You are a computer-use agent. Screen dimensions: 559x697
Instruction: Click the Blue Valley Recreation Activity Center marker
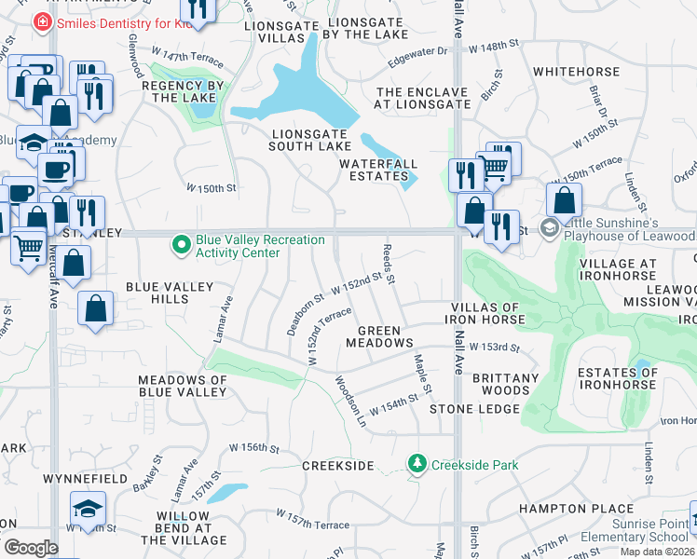pyautogui.click(x=182, y=245)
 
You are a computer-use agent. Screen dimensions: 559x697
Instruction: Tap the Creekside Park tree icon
pyautogui.click(x=418, y=463)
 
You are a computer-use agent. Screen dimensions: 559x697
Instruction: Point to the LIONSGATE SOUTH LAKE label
pyautogui.click(x=310, y=139)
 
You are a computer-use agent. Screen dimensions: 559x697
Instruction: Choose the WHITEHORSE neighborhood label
pyautogui.click(x=576, y=71)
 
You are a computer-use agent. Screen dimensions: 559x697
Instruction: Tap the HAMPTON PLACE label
pyautogui.click(x=563, y=509)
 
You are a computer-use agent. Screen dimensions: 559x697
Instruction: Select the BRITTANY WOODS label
pyautogui.click(x=506, y=384)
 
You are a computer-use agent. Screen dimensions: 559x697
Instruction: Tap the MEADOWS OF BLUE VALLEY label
pyautogui.click(x=183, y=386)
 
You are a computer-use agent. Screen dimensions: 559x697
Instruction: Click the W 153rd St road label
pyautogui.click(x=495, y=348)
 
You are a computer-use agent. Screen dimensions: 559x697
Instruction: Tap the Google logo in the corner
pyautogui.click(x=31, y=548)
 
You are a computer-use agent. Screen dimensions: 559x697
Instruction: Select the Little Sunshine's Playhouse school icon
pyautogui.click(x=550, y=227)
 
